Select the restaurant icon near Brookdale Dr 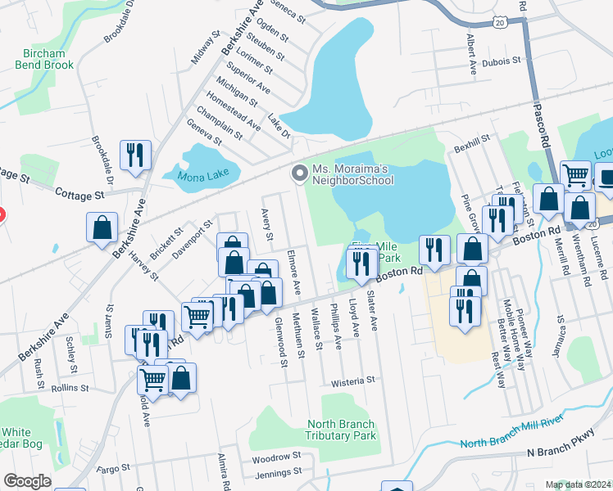click(135, 155)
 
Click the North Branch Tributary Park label click(341, 430)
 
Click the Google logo click(27, 480)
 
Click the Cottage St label click(80, 196)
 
